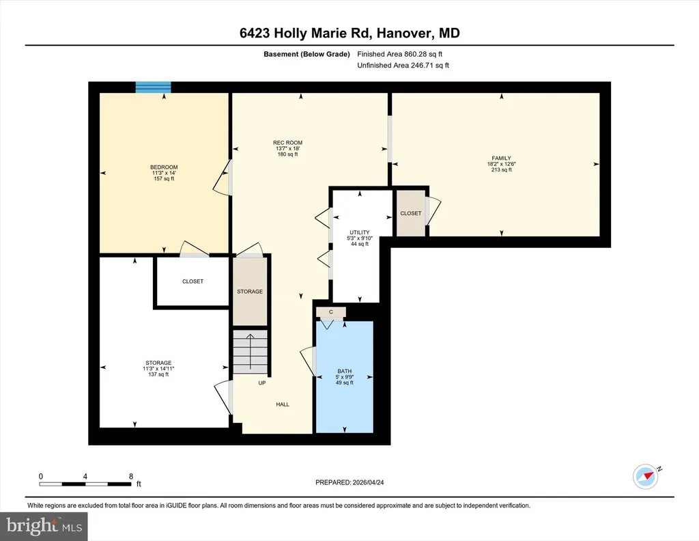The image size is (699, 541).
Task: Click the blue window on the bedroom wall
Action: pyautogui.click(x=154, y=87)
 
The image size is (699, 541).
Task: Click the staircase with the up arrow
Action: pyautogui.click(x=250, y=352)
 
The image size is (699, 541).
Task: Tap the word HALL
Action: pyautogui.click(x=283, y=404)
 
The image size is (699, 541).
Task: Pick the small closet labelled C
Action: pyautogui.click(x=331, y=311)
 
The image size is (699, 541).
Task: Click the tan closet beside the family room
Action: pyautogui.click(x=410, y=213)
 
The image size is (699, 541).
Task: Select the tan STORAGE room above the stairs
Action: pyautogui.click(x=250, y=292)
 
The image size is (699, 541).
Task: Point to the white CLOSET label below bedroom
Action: pyautogui.click(x=192, y=281)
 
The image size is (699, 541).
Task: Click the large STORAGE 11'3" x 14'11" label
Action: pyautogui.click(x=158, y=368)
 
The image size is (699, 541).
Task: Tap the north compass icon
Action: pyautogui.click(x=646, y=476)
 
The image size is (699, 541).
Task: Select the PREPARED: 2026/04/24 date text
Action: pyautogui.click(x=349, y=482)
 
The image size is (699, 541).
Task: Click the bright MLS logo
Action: pyautogui.click(x=44, y=526)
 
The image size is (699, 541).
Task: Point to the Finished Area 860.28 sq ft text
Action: pyautogui.click(x=400, y=54)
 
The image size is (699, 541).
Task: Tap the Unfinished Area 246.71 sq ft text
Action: pyautogui.click(x=403, y=65)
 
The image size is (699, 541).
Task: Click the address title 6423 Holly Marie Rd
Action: pyautogui.click(x=307, y=33)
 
